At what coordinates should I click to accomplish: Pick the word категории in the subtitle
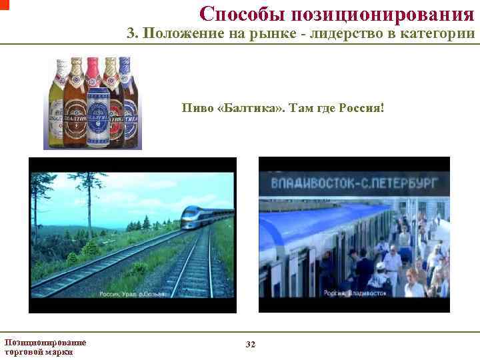441,34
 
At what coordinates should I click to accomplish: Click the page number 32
250,344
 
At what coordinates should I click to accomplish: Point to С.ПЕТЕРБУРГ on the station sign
399,181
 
